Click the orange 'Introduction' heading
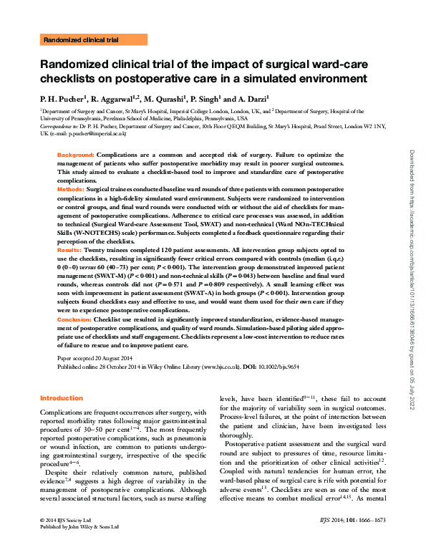pyautogui.click(x=62, y=398)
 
